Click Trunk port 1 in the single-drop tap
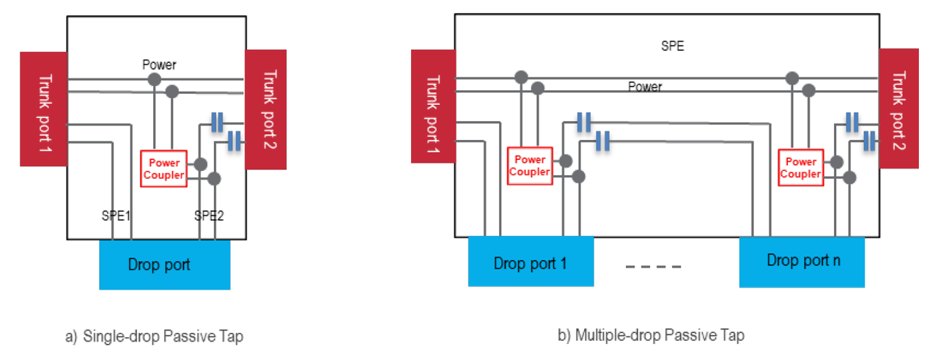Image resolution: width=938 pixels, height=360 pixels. [x=43, y=109]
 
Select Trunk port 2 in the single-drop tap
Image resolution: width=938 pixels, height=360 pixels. [x=265, y=109]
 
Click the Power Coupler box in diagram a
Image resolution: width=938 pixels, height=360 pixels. [x=165, y=169]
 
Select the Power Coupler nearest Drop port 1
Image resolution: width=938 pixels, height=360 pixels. [x=529, y=166]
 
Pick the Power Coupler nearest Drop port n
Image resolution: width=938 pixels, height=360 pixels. [x=800, y=167]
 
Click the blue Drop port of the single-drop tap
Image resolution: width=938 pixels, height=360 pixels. [x=165, y=265]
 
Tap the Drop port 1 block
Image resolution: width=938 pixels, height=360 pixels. [x=531, y=262]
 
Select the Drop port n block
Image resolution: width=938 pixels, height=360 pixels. [x=802, y=260]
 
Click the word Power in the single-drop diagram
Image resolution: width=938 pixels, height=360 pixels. [x=159, y=65]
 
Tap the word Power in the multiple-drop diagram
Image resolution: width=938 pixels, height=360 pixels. [x=645, y=87]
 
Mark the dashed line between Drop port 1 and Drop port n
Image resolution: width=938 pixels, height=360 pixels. [x=654, y=267]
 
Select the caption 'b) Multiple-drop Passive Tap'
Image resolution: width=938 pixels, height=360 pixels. [x=651, y=336]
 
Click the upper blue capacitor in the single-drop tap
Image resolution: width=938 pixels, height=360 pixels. [x=217, y=123]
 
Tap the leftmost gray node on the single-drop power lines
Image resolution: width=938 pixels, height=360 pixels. [x=155, y=79]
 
